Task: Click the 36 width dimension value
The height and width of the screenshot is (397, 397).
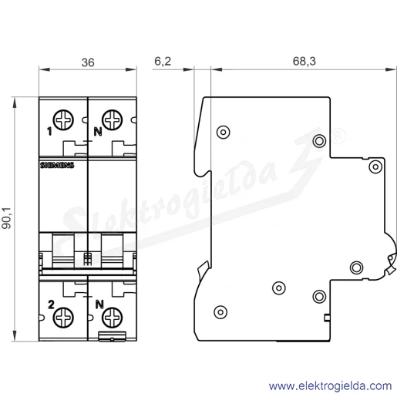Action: click(x=88, y=62)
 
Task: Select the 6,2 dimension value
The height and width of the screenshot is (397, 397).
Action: click(x=163, y=62)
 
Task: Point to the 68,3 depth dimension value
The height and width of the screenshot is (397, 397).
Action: click(x=304, y=62)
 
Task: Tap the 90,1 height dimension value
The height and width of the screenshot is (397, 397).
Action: click(x=7, y=218)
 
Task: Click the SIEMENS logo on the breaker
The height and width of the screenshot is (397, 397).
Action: click(x=57, y=165)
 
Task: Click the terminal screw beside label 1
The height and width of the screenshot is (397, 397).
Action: click(x=63, y=120)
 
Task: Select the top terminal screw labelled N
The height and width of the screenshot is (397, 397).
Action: click(x=112, y=120)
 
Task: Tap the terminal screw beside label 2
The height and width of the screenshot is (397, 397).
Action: click(x=63, y=318)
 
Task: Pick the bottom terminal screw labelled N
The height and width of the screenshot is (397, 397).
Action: click(x=112, y=318)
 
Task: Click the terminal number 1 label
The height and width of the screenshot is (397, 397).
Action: click(x=49, y=132)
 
